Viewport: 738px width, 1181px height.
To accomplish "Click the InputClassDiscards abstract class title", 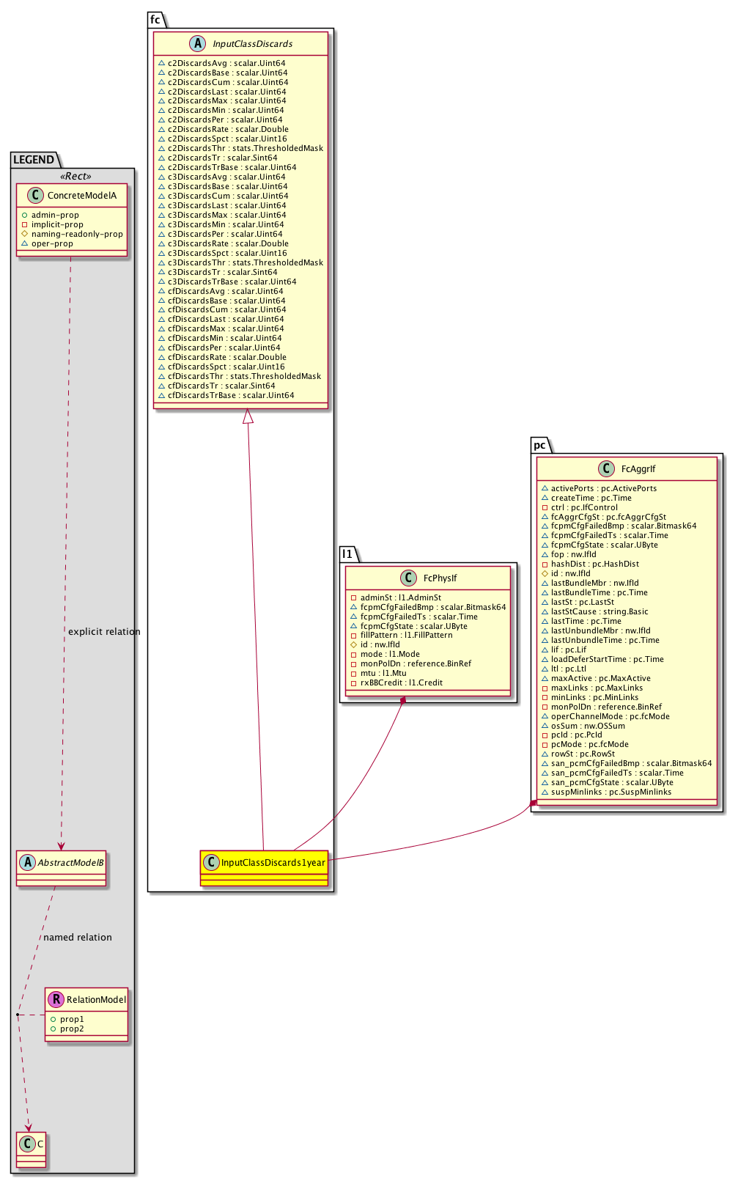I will [x=252, y=44].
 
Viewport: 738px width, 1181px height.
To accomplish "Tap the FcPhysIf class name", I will [x=440, y=578].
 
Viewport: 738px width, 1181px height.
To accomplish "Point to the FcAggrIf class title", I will [x=638, y=469].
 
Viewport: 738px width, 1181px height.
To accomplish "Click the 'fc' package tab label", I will [x=155, y=20].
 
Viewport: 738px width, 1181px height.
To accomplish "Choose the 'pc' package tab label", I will [x=539, y=445].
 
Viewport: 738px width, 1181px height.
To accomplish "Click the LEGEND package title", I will [x=34, y=160].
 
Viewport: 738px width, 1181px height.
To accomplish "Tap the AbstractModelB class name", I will [x=71, y=863].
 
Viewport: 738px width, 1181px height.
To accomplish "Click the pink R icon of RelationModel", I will [x=56, y=999].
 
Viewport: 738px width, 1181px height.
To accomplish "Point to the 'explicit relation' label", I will [x=104, y=632].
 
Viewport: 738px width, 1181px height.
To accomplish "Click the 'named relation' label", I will [x=78, y=938].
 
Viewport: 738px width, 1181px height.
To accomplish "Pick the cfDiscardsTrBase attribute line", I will [x=232, y=395].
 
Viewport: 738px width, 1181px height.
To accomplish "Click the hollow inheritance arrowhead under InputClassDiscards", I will [x=248, y=416].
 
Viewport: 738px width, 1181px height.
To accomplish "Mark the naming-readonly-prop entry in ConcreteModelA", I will [x=77, y=234].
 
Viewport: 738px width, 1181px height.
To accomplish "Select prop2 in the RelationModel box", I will [x=72, y=1029].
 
